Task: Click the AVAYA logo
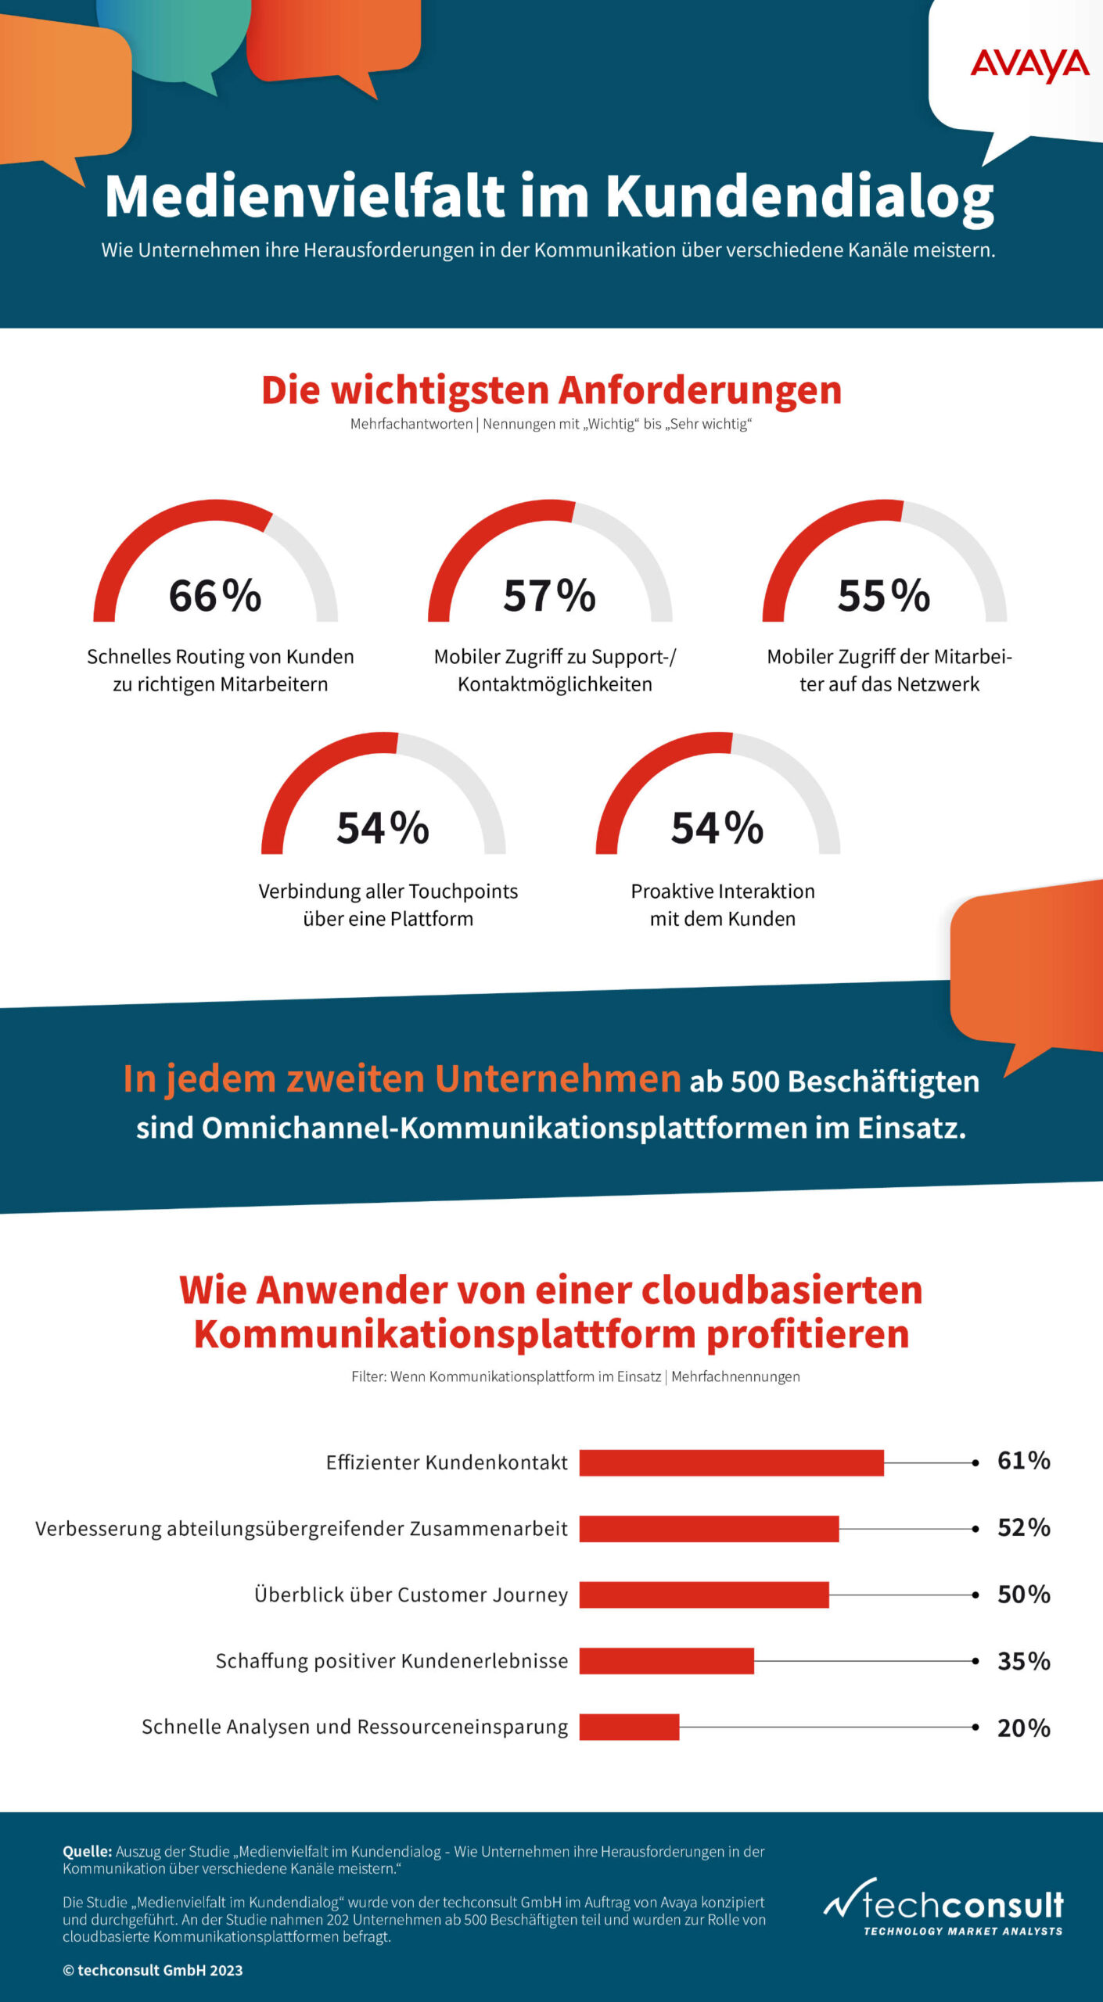(x=1029, y=65)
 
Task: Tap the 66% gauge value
(x=215, y=595)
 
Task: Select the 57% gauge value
(x=549, y=595)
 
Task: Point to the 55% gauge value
(x=884, y=595)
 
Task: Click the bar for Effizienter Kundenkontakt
(x=731, y=1462)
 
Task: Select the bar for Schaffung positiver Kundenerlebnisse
(x=666, y=1661)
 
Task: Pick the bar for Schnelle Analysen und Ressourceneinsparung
(x=629, y=1727)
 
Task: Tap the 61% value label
(x=1023, y=1461)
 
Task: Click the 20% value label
(x=1023, y=1728)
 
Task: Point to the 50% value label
(x=1023, y=1595)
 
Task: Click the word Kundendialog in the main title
(x=799, y=196)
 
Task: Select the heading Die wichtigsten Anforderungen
(x=551, y=390)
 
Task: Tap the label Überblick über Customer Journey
(x=411, y=1595)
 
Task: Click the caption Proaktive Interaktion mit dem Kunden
(x=723, y=905)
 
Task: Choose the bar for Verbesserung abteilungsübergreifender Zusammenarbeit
(x=709, y=1529)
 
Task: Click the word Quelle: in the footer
(x=88, y=1852)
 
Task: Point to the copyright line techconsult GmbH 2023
(x=153, y=1970)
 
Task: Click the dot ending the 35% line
(x=975, y=1661)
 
